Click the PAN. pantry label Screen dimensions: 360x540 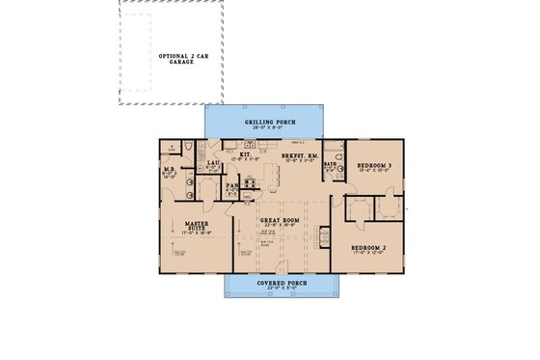pos(232,185)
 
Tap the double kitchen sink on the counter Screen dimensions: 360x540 pos(250,143)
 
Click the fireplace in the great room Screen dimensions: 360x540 pos(326,235)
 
